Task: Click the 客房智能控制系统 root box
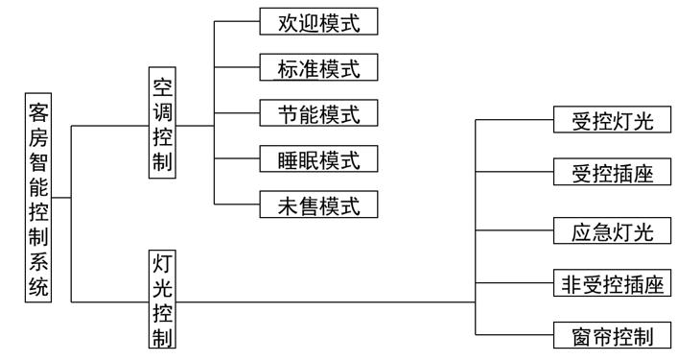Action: pyautogui.click(x=39, y=200)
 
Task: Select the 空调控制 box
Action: pyautogui.click(x=163, y=123)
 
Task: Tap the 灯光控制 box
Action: pyautogui.click(x=163, y=301)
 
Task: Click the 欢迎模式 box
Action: pyautogui.click(x=319, y=22)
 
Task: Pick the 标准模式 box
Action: pyautogui.click(x=319, y=67)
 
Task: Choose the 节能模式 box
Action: pyautogui.click(x=319, y=112)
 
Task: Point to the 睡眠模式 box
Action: pyautogui.click(x=319, y=158)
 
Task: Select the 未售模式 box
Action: pyautogui.click(x=319, y=204)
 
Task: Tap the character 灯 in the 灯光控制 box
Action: pyautogui.click(x=163, y=263)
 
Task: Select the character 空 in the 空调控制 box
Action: pyautogui.click(x=163, y=84)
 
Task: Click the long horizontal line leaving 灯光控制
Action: pyautogui.click(x=326, y=302)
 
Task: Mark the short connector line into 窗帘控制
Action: pyautogui.click(x=514, y=336)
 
